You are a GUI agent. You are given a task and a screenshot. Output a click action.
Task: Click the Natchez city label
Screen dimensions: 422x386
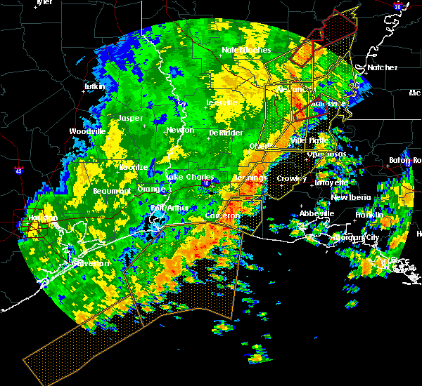(382, 67)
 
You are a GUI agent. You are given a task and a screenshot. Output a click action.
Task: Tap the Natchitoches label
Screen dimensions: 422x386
(241, 50)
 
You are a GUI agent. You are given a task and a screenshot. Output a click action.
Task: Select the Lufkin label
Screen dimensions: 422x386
(94, 86)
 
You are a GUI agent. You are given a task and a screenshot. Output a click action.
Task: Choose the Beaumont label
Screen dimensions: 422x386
(112, 191)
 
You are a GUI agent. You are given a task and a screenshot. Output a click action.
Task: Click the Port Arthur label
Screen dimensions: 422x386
(167, 208)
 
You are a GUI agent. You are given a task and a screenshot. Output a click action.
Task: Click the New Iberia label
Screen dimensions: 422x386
(352, 197)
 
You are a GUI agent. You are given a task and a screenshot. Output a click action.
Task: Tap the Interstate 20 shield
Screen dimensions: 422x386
(398, 6)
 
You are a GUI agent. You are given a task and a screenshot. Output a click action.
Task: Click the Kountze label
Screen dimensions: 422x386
(134, 167)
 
